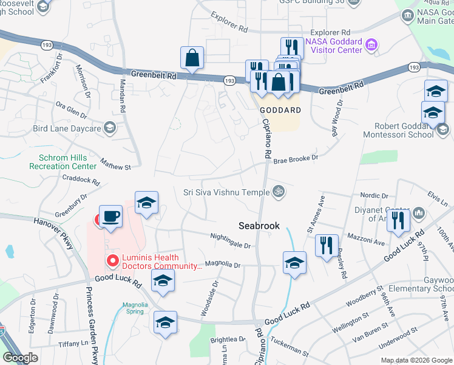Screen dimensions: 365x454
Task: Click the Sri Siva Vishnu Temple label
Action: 226,192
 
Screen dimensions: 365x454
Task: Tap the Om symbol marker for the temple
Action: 279,192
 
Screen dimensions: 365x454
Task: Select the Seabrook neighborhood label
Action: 259,226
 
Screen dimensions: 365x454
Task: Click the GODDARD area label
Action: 280,110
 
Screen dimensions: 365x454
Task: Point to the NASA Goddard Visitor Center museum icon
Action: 371,44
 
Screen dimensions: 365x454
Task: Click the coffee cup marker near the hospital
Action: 110,217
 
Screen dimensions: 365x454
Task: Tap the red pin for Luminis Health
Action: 112,261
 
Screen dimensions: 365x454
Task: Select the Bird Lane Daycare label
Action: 67,128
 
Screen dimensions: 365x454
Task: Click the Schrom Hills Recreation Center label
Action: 63,161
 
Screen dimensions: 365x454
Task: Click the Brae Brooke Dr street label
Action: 296,159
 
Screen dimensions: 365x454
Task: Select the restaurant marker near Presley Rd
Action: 327,245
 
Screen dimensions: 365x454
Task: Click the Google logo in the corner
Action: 19,357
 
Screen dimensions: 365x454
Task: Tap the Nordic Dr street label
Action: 374,196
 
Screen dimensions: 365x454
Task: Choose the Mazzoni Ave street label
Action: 367,238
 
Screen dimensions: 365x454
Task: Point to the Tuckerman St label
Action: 289,347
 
